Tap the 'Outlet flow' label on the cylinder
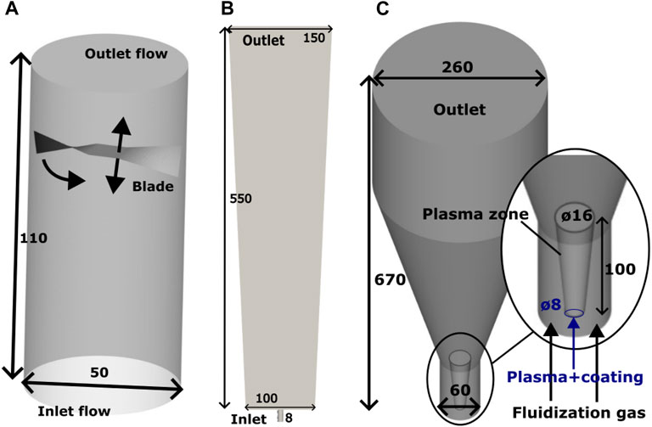point(126,56)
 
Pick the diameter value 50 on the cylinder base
point(101,373)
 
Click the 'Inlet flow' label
point(76,412)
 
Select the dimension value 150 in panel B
point(313,39)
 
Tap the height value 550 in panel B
point(242,199)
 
